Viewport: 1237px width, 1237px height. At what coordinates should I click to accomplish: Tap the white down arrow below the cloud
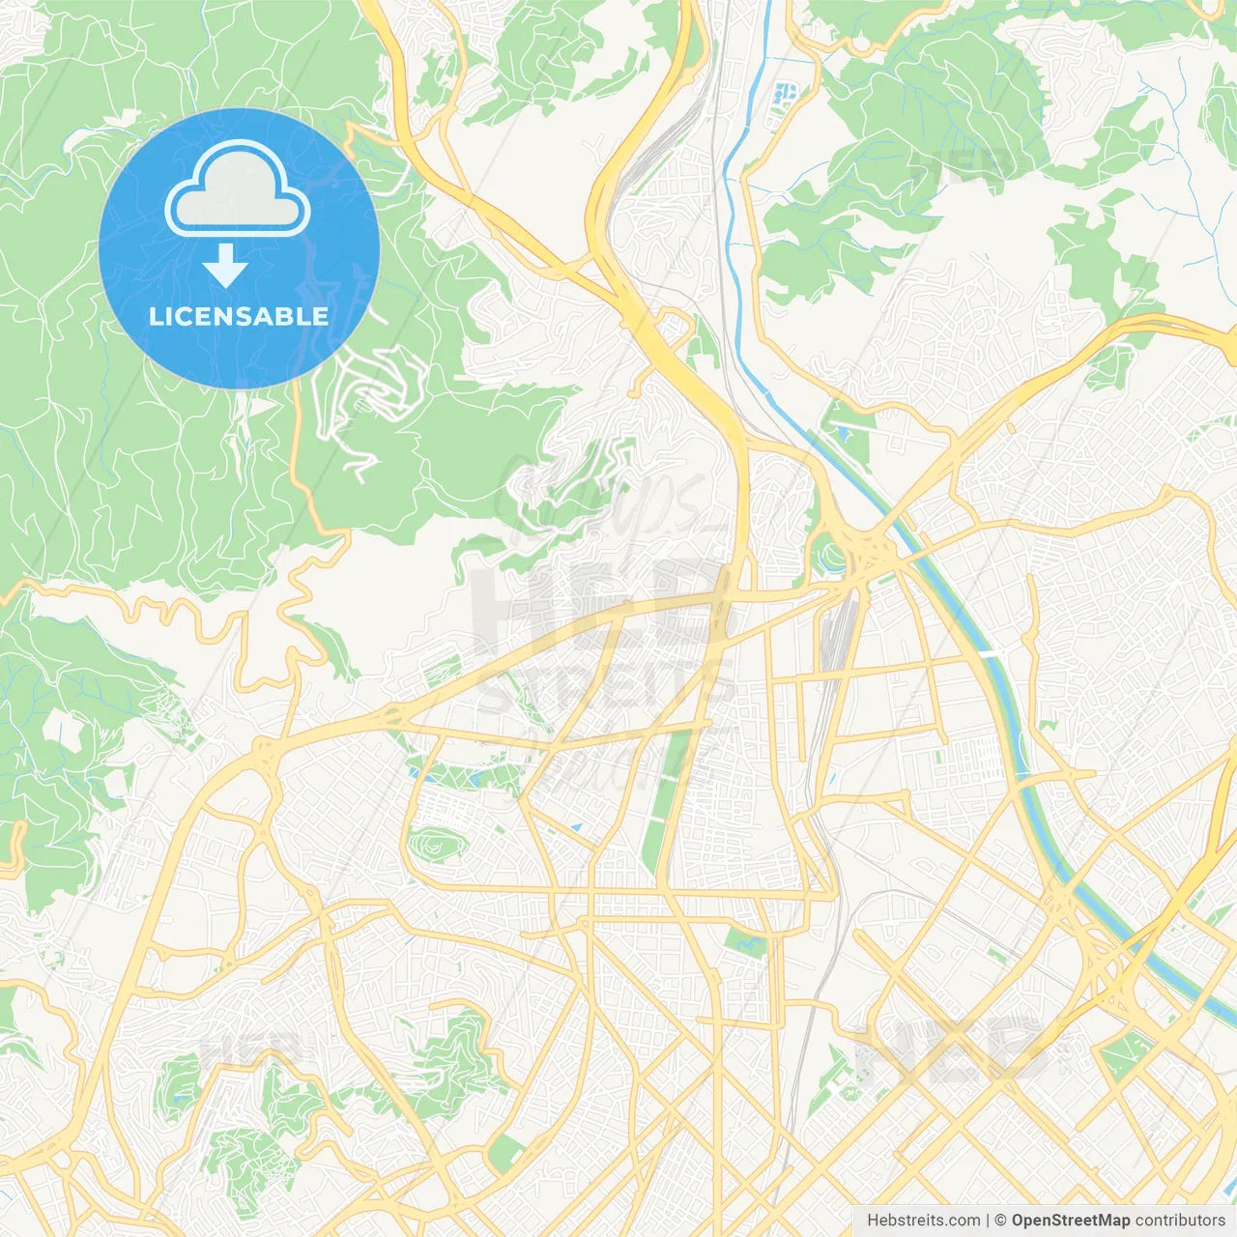225,266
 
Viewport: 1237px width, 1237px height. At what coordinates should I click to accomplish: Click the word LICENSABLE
238,317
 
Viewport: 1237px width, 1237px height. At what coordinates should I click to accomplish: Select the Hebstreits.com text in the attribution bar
923,1221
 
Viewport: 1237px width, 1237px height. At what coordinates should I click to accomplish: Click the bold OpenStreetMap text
1070,1221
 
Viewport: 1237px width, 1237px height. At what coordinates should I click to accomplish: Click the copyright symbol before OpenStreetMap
1000,1221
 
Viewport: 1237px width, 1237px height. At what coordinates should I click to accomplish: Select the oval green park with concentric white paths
437,846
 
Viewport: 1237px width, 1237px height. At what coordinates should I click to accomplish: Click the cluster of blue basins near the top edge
785,95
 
